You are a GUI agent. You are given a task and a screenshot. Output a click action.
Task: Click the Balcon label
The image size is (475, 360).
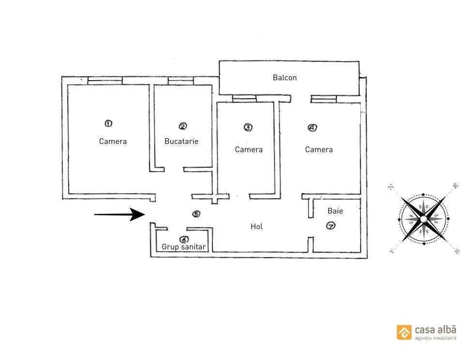pos(284,77)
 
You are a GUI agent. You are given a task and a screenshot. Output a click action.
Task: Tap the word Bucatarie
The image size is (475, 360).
pos(181,142)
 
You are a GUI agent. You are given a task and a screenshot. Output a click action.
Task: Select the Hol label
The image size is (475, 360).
pos(256,226)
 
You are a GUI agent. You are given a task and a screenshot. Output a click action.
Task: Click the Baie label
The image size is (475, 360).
pos(335,211)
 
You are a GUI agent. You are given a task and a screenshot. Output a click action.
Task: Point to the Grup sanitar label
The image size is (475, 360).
pos(184,247)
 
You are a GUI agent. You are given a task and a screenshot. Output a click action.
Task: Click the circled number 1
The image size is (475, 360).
pos(108,123)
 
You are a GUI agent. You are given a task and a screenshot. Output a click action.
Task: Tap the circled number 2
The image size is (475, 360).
pos(183,126)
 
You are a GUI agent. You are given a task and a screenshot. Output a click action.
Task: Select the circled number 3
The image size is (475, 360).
pos(248,128)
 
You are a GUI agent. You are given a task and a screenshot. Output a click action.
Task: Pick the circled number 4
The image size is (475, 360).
pos(312,128)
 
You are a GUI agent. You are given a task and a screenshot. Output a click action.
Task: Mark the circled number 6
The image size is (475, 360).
pos(184,239)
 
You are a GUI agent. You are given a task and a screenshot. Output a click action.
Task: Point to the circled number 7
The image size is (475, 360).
pos(331,226)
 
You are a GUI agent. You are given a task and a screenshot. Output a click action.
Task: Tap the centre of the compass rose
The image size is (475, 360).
pos(423,219)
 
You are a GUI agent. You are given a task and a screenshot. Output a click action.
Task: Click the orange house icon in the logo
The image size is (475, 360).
pos(404,332)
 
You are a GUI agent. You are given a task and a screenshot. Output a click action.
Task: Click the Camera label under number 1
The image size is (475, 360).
pos(113,142)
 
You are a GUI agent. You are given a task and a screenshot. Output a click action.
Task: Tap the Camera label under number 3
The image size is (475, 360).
pos(249,150)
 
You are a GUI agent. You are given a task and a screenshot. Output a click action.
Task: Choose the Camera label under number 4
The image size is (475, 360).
pos(319,150)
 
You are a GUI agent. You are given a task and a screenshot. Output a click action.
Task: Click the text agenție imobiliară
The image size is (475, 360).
pos(435,339)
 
